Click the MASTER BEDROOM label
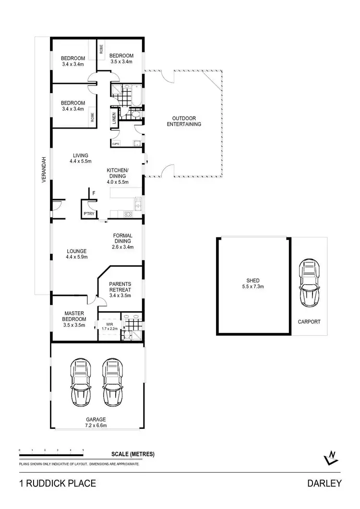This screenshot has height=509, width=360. point(74,319)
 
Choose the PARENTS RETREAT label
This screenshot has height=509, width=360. point(120,289)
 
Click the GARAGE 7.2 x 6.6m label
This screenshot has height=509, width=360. point(96,422)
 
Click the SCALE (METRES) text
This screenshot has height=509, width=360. point(133,454)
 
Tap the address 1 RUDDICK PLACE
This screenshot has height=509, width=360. point(57,484)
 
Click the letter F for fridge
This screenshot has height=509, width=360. point(94,193)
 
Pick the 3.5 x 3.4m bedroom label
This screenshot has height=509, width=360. point(121,59)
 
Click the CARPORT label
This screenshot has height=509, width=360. point(309,322)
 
